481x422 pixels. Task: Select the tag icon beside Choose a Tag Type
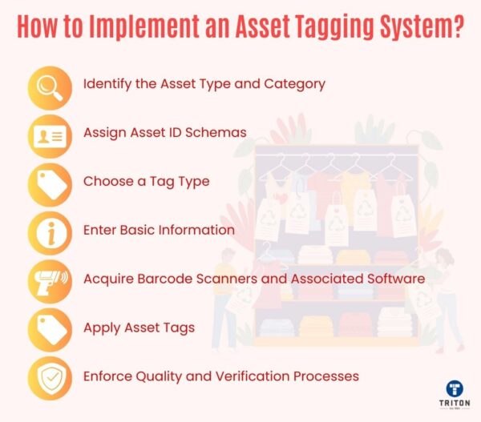[x=49, y=183]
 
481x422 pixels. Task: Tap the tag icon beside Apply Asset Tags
[x=49, y=328]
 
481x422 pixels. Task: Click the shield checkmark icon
[x=49, y=376]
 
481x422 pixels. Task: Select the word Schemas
[x=216, y=133]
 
